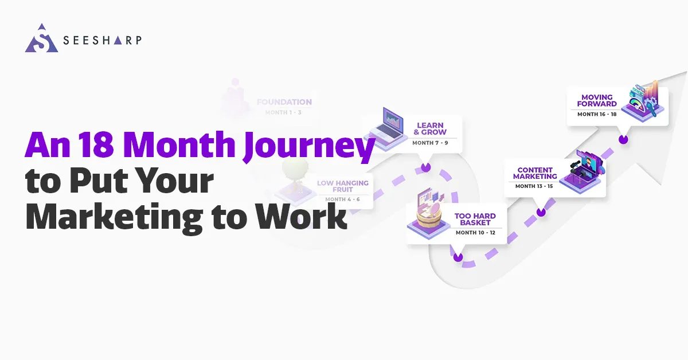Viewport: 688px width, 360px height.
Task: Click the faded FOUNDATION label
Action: coord(284,102)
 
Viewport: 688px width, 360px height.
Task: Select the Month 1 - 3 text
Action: coord(283,113)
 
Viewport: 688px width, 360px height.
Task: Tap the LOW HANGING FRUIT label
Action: coord(343,186)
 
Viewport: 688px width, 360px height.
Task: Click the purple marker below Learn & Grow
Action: coord(425,167)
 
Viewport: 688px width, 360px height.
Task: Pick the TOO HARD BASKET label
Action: coord(475,220)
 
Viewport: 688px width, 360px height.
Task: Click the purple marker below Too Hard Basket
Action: coord(458,257)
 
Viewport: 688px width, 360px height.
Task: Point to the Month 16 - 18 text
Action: coord(597,114)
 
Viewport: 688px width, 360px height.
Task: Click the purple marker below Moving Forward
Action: coord(623,139)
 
